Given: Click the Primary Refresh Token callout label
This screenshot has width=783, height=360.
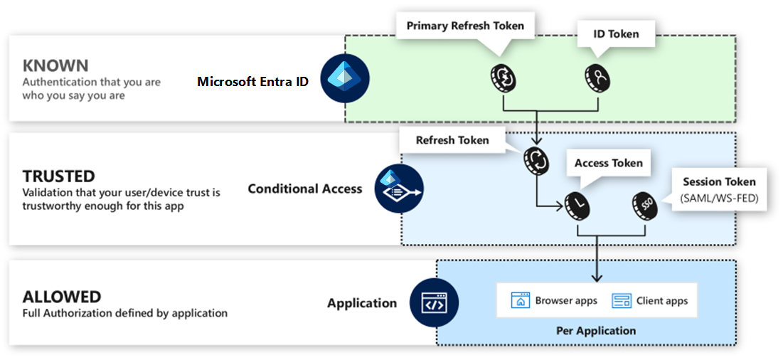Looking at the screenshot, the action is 465,26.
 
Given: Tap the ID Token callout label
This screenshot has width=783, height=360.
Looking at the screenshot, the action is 616,34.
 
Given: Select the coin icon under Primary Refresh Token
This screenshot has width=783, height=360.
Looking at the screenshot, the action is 502,78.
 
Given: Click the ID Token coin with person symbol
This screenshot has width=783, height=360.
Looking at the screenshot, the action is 597,78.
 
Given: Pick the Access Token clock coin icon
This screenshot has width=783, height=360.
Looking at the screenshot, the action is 577,204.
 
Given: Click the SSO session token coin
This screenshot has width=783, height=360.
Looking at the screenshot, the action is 644,204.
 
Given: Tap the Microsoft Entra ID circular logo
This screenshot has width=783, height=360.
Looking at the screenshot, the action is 345,78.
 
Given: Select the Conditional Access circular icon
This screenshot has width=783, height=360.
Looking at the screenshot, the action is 400,189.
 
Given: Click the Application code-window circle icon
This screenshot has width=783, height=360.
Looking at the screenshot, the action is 433,302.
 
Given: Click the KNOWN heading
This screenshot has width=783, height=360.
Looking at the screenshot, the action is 55,65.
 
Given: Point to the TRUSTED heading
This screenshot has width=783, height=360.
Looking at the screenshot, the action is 58,176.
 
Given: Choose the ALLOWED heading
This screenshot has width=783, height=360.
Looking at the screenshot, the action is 62,297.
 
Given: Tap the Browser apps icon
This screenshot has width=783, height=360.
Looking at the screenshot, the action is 520,300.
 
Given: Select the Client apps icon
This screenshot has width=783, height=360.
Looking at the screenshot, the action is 621,300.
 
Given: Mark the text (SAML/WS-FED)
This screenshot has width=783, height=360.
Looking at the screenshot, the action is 719,198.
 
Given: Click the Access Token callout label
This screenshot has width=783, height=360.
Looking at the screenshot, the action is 609,163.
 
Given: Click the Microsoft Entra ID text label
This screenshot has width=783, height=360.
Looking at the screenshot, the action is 252,81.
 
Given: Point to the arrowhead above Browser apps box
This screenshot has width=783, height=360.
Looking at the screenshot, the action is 596,277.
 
